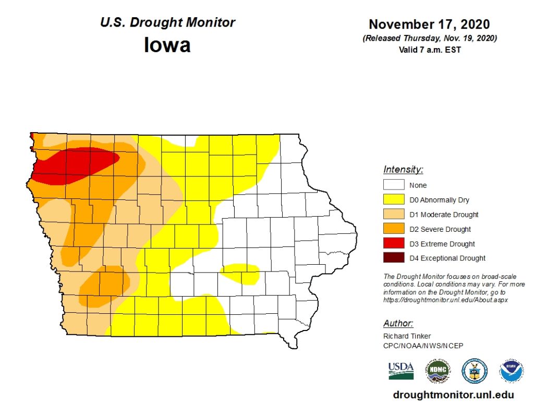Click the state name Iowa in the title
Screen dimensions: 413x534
pyautogui.click(x=167, y=45)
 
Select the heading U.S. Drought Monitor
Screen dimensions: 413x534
pyautogui.click(x=167, y=22)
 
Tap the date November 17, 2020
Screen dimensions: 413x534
pyautogui.click(x=429, y=25)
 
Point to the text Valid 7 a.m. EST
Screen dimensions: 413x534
pyautogui.click(x=429, y=50)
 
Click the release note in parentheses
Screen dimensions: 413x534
pyautogui.click(x=429, y=39)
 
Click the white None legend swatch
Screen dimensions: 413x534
pyautogui.click(x=394, y=185)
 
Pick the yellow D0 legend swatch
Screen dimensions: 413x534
pyautogui.click(x=394, y=199)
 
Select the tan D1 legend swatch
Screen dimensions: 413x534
pyautogui.click(x=394, y=214)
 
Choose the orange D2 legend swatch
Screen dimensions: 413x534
pyautogui.click(x=394, y=229)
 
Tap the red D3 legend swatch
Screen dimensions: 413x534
pyautogui.click(x=394, y=243)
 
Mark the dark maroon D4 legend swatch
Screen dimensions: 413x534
pyautogui.click(x=394, y=258)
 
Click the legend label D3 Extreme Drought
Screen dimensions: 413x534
pyautogui.click(x=442, y=244)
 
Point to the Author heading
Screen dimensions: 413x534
pyautogui.click(x=398, y=323)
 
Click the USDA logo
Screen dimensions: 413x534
pyautogui.click(x=400, y=370)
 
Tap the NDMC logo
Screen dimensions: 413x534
pyautogui.click(x=437, y=371)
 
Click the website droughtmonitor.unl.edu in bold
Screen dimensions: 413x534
pyautogui.click(x=453, y=395)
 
